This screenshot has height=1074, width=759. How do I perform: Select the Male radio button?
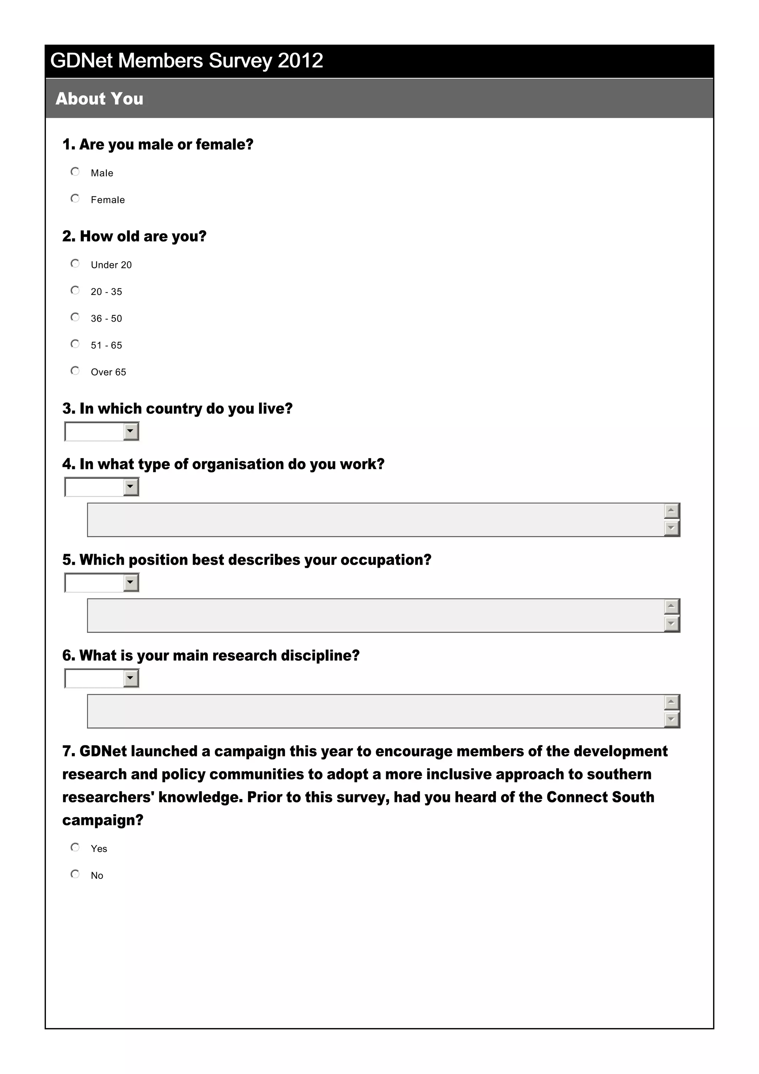[x=75, y=172]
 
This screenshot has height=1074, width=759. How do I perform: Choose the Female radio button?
[x=75, y=198]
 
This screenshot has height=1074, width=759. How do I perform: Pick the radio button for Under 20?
[x=75, y=263]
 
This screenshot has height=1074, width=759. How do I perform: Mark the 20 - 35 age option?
[x=75, y=290]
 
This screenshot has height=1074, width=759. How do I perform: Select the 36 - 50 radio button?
[x=75, y=317]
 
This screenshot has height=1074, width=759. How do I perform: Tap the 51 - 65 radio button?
[x=75, y=344]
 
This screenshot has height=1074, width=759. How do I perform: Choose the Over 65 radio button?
[x=75, y=371]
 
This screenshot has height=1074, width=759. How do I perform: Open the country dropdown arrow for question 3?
[x=131, y=431]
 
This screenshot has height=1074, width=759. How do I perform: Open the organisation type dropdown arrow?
[x=131, y=487]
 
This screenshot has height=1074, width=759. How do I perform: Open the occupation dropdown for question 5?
[x=131, y=582]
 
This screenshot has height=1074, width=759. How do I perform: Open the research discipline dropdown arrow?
[x=131, y=678]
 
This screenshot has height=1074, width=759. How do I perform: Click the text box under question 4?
[x=374, y=520]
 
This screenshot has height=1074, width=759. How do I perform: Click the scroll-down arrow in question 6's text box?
[x=671, y=719]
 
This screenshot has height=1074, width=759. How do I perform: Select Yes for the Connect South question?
[x=75, y=847]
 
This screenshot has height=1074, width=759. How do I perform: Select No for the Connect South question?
[x=75, y=874]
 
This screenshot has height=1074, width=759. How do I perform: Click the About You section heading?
[x=99, y=99]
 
